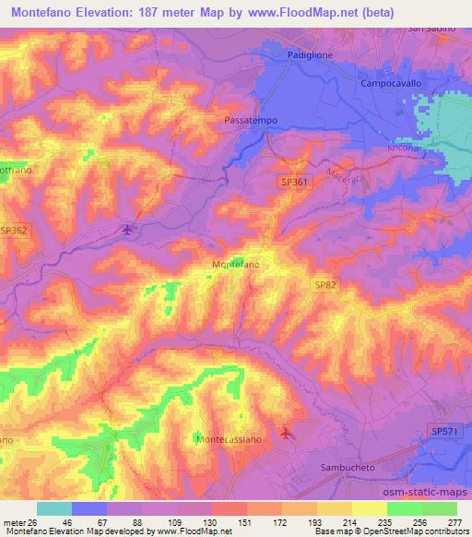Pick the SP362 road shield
click(x=13, y=230)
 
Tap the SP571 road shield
click(x=442, y=431)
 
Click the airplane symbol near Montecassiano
click(x=285, y=432)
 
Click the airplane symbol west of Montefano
click(x=127, y=229)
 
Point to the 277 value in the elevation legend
click(x=453, y=522)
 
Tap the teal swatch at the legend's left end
click(x=53, y=508)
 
